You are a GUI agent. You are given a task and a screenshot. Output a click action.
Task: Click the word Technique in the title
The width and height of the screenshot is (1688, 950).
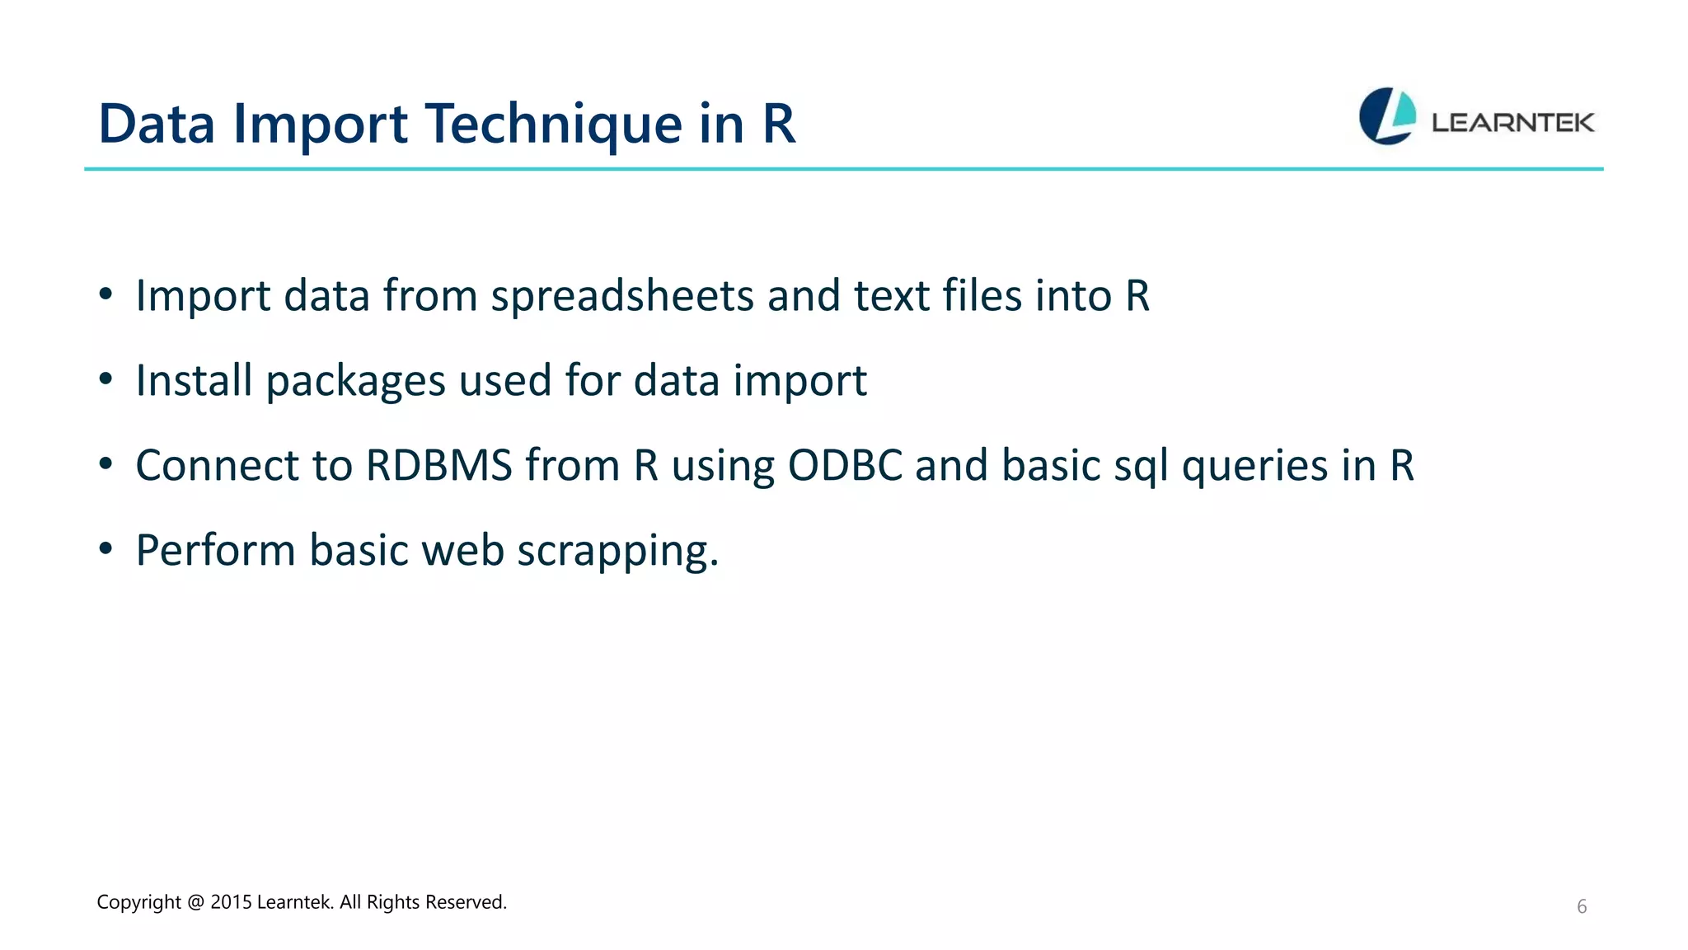(x=553, y=125)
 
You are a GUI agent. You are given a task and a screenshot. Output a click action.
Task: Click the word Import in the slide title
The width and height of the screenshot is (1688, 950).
(x=320, y=125)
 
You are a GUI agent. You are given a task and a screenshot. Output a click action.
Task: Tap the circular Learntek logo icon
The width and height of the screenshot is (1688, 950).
(x=1387, y=116)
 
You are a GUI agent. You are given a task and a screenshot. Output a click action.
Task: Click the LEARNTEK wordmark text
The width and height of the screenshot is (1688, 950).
(x=1512, y=123)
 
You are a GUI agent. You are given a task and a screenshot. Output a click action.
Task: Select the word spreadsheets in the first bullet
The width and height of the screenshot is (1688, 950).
(x=622, y=296)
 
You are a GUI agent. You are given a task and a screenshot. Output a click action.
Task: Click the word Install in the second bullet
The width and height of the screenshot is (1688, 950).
(x=194, y=381)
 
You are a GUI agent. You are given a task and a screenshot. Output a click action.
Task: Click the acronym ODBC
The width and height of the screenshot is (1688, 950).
(x=845, y=466)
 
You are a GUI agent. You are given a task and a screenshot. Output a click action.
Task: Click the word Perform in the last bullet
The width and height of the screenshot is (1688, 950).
(x=215, y=551)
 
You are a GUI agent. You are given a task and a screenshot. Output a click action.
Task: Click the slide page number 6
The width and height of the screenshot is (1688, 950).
(x=1582, y=907)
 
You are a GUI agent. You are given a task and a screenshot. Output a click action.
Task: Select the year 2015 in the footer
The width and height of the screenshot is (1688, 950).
(x=231, y=902)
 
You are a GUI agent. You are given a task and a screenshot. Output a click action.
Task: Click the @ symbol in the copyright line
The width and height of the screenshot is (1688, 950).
(x=195, y=902)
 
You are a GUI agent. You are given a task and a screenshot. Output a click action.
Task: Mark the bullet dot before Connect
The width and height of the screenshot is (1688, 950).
(x=105, y=465)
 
